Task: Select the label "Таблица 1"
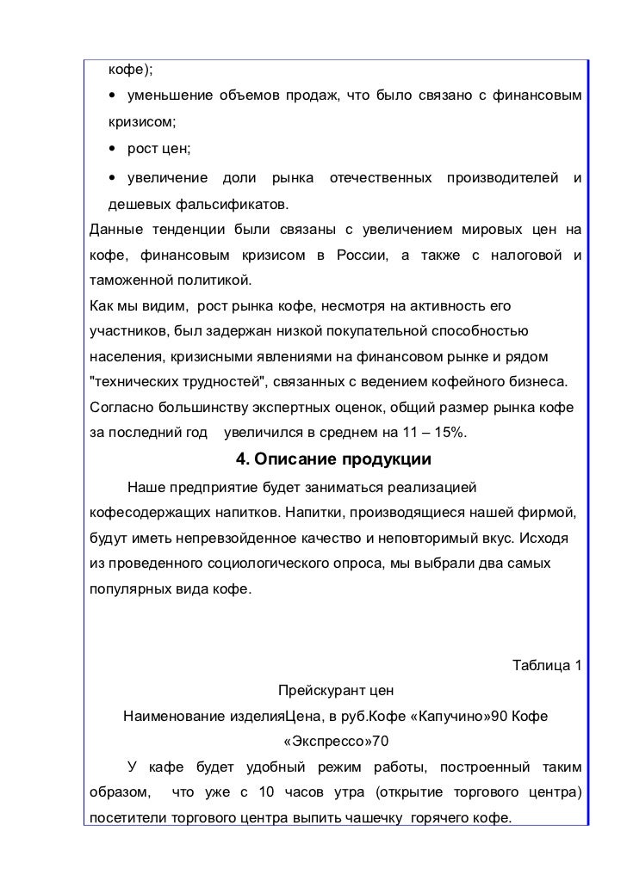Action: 547,666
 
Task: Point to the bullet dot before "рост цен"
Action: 113,150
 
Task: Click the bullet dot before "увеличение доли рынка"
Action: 113,178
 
